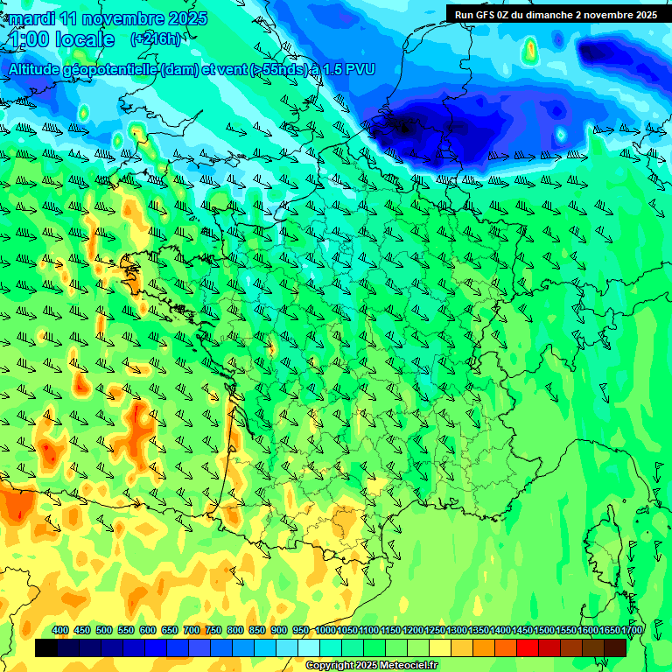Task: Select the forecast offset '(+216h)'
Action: pos(155,38)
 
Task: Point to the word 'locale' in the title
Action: pos(85,39)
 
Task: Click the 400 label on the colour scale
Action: pos(60,630)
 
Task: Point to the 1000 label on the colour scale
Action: pos(325,630)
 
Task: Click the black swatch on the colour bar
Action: pos(46,647)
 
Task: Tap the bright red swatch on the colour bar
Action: pos(528,647)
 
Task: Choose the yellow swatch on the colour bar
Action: pos(440,647)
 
